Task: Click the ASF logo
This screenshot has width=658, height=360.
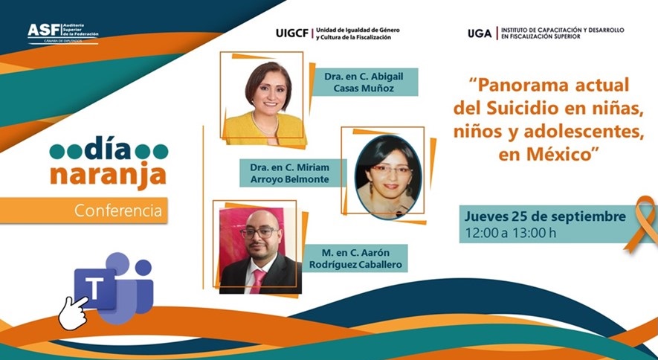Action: (63, 33)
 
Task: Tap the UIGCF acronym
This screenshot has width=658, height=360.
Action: (292, 33)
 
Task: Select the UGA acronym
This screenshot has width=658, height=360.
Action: (480, 33)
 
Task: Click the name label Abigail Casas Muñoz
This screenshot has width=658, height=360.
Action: (364, 83)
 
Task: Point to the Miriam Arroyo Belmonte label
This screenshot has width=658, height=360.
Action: (290, 173)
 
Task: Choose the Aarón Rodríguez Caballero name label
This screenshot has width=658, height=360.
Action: (355, 258)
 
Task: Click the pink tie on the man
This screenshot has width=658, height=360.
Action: (257, 280)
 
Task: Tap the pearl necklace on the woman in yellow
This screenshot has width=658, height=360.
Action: (265, 126)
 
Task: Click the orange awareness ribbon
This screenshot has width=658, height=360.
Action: (641, 225)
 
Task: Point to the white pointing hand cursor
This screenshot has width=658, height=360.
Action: (72, 313)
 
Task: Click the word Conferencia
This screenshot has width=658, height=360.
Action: (118, 210)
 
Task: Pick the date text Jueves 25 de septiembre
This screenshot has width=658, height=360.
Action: (545, 217)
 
